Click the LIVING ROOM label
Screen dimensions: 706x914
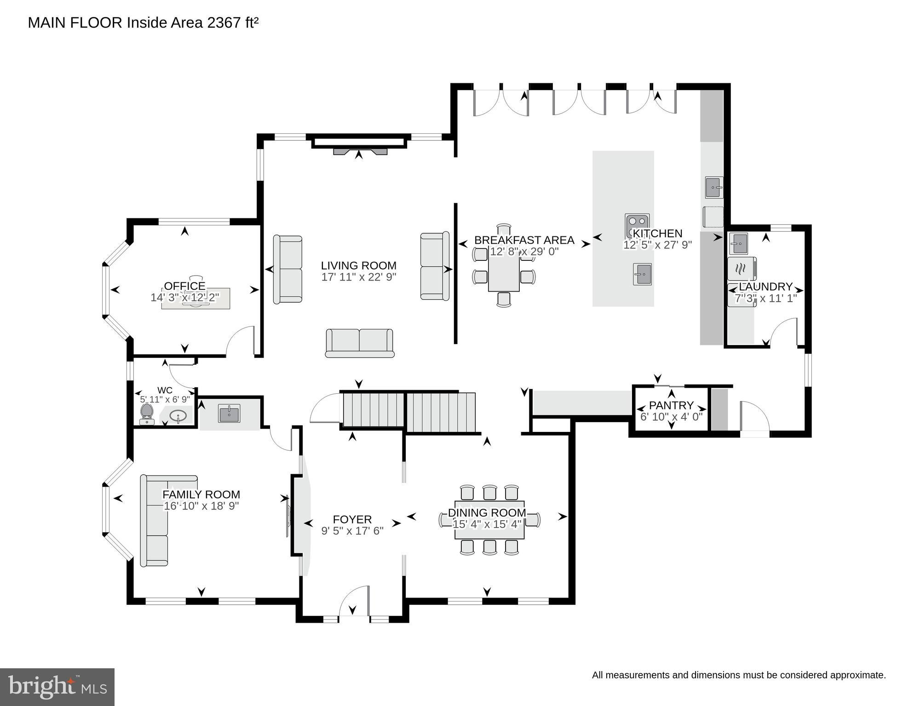click(x=358, y=265)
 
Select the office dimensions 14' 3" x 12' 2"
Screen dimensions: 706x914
click(x=185, y=298)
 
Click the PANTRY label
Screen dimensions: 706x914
click(x=671, y=405)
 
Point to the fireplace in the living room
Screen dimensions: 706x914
click(x=359, y=150)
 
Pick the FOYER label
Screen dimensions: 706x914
click(x=352, y=519)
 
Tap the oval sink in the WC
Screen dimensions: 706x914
click(x=178, y=416)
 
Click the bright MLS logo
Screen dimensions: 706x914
click(x=57, y=687)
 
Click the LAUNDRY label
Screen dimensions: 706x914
click(x=765, y=287)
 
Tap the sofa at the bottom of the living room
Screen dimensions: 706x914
click(x=360, y=343)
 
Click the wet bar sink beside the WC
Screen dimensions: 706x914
click(x=229, y=413)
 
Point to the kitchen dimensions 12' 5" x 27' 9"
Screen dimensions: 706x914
click(x=657, y=245)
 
